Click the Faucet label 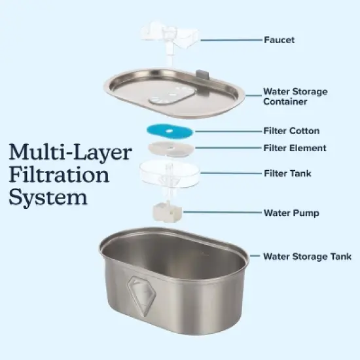(x=279, y=40)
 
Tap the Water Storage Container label (x=295, y=97)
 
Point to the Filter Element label (x=295, y=148)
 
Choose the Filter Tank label (x=287, y=173)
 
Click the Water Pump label (x=291, y=213)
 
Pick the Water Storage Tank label (x=307, y=256)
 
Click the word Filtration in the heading (x=59, y=175)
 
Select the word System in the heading (x=48, y=197)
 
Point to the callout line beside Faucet (x=229, y=40)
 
